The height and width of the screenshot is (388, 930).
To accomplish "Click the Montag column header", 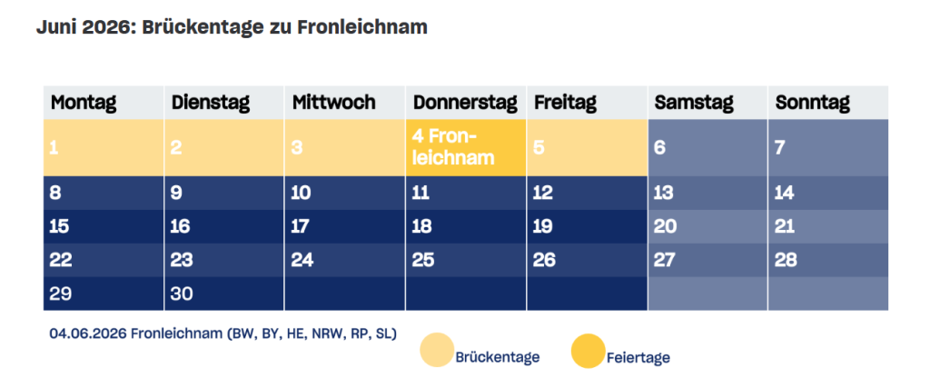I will (x=84, y=103).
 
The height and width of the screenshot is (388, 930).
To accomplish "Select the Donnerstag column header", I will (x=464, y=103).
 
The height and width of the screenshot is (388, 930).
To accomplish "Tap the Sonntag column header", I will (x=812, y=103).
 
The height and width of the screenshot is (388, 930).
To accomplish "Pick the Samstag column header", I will (x=694, y=103).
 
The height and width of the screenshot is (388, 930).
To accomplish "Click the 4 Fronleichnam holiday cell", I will (x=464, y=147).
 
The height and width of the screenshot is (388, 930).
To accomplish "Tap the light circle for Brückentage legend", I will (x=436, y=351).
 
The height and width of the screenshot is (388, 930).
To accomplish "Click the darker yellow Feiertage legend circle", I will (x=588, y=351).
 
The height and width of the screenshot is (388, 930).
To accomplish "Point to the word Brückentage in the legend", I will (x=497, y=357).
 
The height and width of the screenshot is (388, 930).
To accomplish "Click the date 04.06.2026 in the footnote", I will (x=87, y=333).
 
